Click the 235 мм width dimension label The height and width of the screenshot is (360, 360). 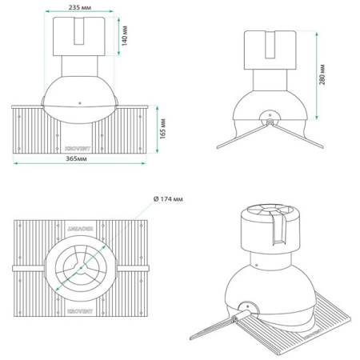(81, 6)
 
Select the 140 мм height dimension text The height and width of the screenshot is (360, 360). (126, 34)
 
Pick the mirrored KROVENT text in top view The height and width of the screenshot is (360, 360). (81, 228)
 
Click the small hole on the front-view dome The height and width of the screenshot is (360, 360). (81, 102)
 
